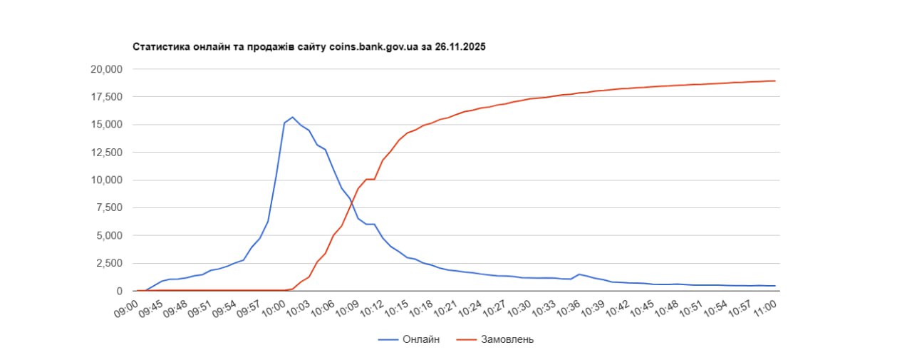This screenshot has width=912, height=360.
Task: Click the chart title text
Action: coord(310,46)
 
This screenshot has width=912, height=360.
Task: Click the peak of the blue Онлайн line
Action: coord(292,117)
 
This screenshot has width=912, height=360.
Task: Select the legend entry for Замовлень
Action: coord(502,339)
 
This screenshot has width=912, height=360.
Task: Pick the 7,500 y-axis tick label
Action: coord(107,207)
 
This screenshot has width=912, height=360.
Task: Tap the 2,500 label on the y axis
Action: coord(107,263)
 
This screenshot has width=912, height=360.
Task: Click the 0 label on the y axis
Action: coord(119,291)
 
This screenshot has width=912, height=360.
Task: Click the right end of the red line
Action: coord(775,81)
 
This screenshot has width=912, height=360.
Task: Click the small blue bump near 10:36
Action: coord(579,274)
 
